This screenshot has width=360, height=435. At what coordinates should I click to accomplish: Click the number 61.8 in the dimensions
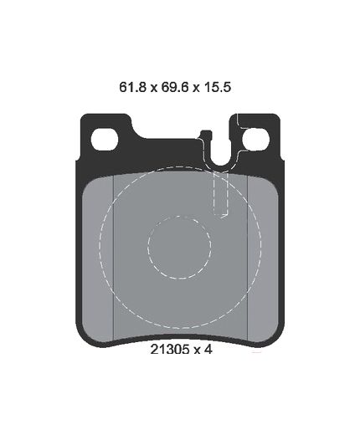point(132,87)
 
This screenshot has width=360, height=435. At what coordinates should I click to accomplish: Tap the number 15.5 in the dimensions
point(218,87)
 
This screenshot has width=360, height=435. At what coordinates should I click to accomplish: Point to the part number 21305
point(170,350)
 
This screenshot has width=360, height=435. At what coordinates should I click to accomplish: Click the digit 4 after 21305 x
point(208,350)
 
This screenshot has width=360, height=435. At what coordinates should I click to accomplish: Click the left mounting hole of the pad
point(105,140)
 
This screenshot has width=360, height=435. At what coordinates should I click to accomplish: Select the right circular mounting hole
point(255,139)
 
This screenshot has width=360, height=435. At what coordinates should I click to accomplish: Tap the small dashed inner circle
point(179,248)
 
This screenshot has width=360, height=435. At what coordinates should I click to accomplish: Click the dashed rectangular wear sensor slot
point(221,194)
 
